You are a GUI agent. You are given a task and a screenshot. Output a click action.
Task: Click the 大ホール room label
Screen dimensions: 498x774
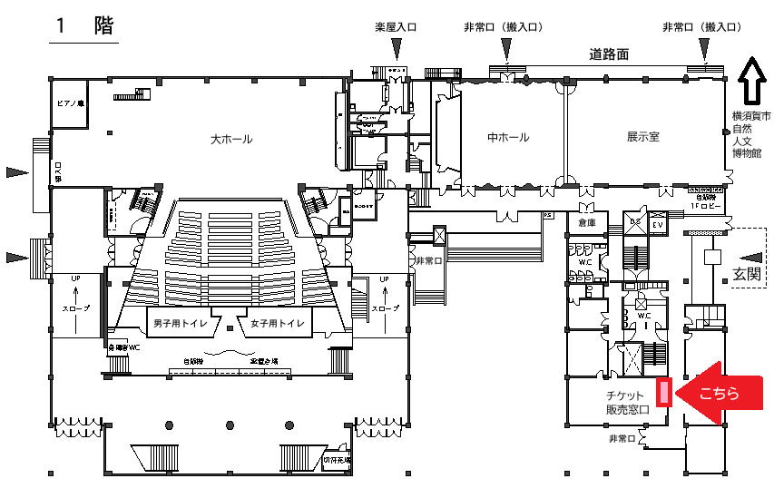tap(230, 140)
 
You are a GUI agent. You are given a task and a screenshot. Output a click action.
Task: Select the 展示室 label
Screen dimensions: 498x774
tap(642, 138)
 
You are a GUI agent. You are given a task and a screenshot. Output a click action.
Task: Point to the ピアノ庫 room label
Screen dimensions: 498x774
tap(69, 104)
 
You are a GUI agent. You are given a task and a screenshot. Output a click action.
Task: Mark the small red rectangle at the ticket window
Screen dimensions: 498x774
tap(664, 392)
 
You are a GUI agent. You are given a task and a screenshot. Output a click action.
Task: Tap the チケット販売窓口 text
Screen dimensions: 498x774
tap(627, 403)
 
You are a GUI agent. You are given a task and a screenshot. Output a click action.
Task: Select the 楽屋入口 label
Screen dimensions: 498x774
tap(396, 28)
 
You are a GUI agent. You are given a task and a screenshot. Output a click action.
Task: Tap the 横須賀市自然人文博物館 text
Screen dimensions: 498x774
tap(751, 135)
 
